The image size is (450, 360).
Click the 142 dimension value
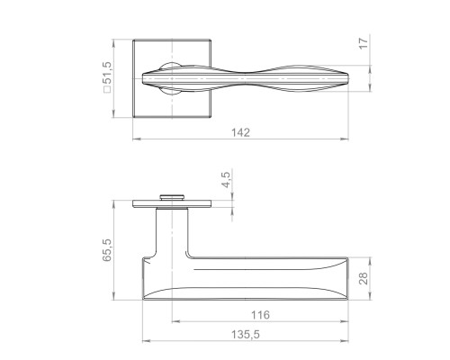[240, 132]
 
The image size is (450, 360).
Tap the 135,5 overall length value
[245, 335]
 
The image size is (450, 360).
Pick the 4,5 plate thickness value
[227, 180]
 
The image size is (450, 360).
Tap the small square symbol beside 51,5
[109, 93]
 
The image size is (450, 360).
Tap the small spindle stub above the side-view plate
[171, 194]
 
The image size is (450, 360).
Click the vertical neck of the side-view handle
[171, 234]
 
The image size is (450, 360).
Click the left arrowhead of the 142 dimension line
[136, 139]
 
